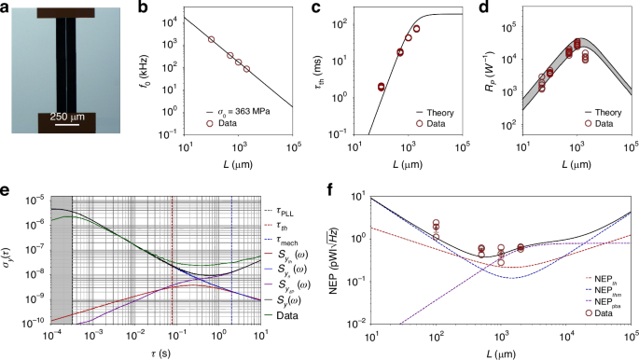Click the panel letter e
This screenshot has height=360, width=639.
tap(7, 189)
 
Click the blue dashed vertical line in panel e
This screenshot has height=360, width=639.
tap(230, 280)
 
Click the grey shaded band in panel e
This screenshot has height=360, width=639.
tap(61, 280)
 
